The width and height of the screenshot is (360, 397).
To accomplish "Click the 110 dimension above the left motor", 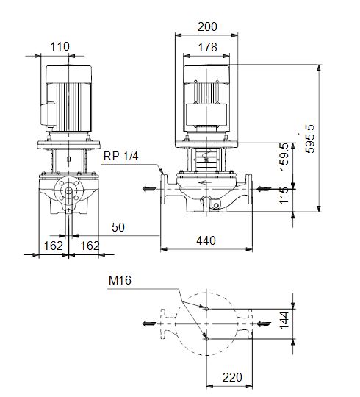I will point(60,46).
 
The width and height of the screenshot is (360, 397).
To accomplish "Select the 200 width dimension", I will point(208,26).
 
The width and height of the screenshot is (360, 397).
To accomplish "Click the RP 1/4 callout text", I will point(119,155).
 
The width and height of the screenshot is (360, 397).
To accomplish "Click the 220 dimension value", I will point(232,377).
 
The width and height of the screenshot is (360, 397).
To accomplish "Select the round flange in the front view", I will point(68,193).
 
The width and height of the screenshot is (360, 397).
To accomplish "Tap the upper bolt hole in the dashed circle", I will point(207,309).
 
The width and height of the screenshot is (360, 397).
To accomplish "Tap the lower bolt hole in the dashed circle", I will point(207,337).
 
